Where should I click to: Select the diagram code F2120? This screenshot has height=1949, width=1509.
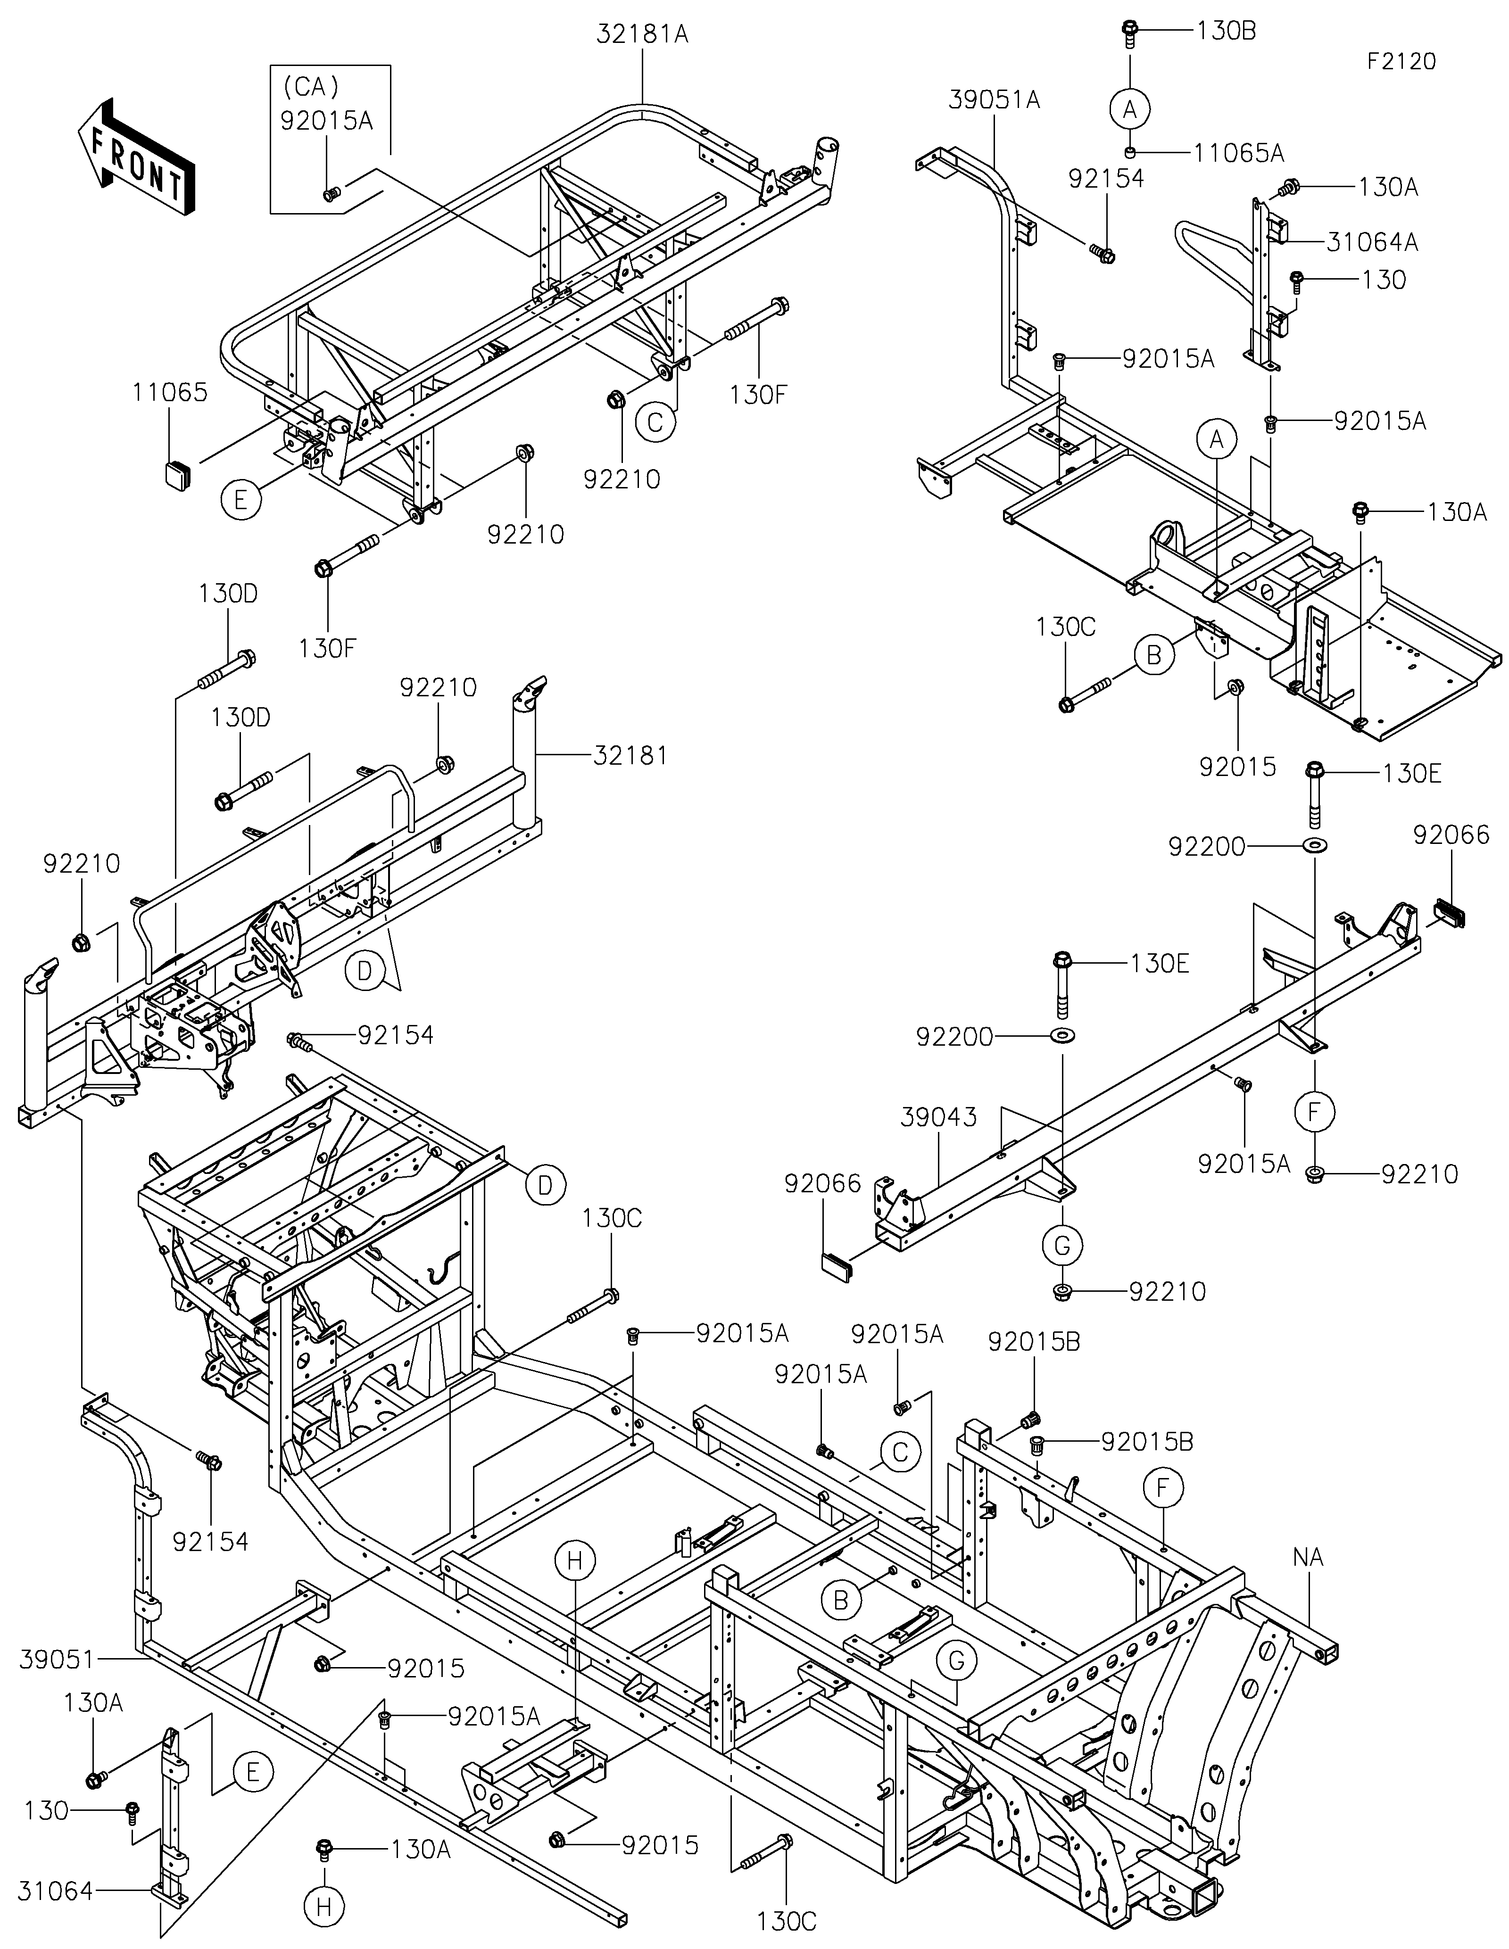1401,62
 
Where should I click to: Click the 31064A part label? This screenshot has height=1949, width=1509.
1372,242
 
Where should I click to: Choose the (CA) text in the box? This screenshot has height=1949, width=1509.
311,87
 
